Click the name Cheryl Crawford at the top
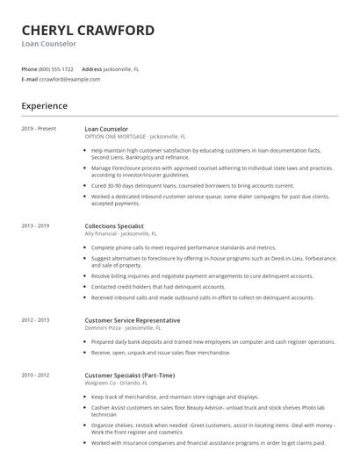point(88,31)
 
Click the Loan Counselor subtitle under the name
point(49,44)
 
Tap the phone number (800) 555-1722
point(56,68)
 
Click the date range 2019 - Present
point(39,129)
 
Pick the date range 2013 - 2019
point(36,226)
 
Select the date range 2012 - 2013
point(36,321)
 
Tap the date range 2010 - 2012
point(36,376)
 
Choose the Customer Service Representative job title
point(133,321)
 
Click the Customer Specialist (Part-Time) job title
point(130,376)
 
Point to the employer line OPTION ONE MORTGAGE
point(135,137)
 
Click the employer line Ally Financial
point(121,234)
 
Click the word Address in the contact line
point(92,68)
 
